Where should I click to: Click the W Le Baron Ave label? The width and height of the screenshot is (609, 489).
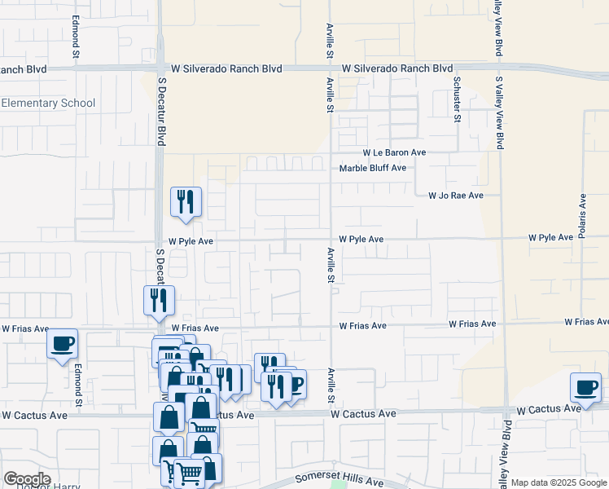(x=395, y=152)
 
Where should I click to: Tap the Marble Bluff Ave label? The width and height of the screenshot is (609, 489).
(x=372, y=168)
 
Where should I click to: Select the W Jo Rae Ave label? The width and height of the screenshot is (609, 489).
(x=456, y=196)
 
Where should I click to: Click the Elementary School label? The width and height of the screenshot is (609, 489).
(x=48, y=104)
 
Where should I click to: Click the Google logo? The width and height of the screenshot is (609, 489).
(x=26, y=479)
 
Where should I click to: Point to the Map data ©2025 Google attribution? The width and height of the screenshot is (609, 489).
(x=559, y=483)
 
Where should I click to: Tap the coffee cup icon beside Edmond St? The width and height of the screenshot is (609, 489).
(x=63, y=344)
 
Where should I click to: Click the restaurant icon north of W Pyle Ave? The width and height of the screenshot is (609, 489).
(x=186, y=200)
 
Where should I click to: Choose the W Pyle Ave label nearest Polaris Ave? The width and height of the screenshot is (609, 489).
(x=550, y=237)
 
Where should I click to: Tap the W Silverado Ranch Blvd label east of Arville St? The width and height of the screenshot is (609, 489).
(x=397, y=69)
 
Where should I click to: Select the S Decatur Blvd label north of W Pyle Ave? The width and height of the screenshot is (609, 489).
(x=161, y=114)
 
